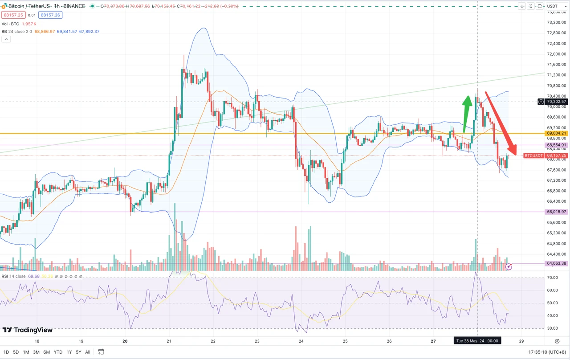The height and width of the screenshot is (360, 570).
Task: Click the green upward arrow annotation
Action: pyautogui.click(x=467, y=114)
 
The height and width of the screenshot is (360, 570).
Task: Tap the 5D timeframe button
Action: pyautogui.click(x=16, y=352)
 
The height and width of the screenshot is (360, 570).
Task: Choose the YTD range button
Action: pyautogui.click(x=58, y=352)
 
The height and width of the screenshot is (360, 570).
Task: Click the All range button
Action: pyautogui.click(x=88, y=352)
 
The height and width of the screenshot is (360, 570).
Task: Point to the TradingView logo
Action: pyautogui.click(x=28, y=330)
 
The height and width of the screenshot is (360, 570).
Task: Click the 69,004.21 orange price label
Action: pyautogui.click(x=556, y=133)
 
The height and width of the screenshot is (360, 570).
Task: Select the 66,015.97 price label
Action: pyautogui.click(x=556, y=212)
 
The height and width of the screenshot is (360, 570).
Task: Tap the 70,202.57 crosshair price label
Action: pyautogui.click(x=556, y=102)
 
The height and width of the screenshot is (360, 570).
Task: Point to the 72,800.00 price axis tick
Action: pyautogui.click(x=556, y=33)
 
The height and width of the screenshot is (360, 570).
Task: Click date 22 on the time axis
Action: pyautogui.click(x=213, y=341)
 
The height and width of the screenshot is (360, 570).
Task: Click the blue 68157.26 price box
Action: pyautogui.click(x=50, y=15)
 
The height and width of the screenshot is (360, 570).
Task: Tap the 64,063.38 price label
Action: pyautogui.click(x=556, y=263)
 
